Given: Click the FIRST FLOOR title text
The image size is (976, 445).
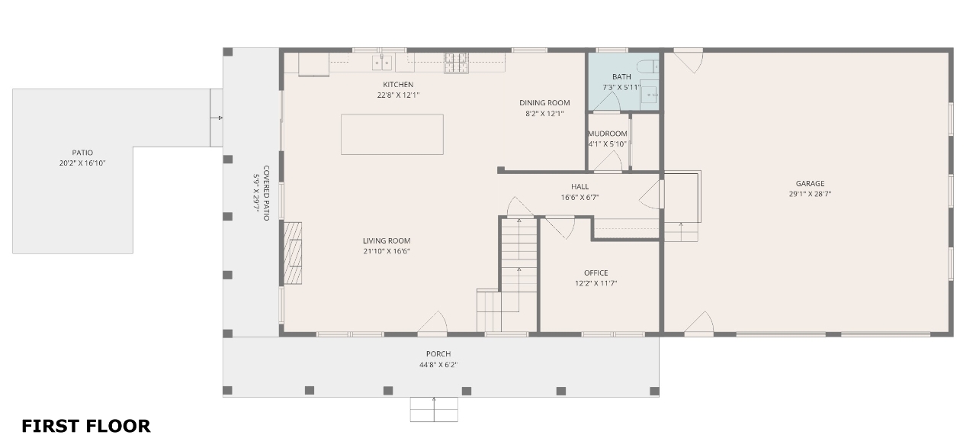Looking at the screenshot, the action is pyautogui.click(x=86, y=426).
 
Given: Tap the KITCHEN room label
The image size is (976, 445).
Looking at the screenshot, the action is pyautogui.click(x=398, y=85).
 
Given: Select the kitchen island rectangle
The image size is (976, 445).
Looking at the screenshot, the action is pyautogui.click(x=392, y=134).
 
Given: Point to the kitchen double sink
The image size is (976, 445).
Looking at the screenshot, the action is pyautogui.click(x=382, y=63).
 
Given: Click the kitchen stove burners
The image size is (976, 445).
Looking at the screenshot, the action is pyautogui.click(x=456, y=63).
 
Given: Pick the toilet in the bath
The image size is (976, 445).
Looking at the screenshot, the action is pyautogui.click(x=647, y=66).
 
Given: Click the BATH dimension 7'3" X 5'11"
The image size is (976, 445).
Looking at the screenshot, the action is pyautogui.click(x=621, y=87).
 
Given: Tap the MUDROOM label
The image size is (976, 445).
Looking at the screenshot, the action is pyautogui.click(x=608, y=134).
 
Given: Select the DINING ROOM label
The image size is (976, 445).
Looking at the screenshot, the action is pyautogui.click(x=544, y=103).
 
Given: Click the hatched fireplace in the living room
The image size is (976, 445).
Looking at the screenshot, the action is pyautogui.click(x=293, y=253).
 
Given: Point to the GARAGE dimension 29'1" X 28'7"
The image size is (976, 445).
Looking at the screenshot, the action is pyautogui.click(x=810, y=194).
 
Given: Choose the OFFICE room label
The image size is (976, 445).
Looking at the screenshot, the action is pyautogui.click(x=596, y=273).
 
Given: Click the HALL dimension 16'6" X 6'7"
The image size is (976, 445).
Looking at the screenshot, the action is pyautogui.click(x=579, y=198).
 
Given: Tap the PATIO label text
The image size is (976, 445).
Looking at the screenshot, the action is pyautogui.click(x=82, y=153).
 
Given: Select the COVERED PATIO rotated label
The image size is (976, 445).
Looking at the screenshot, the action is pyautogui.click(x=266, y=193).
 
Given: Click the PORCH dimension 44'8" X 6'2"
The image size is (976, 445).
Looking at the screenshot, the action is pyautogui.click(x=438, y=365).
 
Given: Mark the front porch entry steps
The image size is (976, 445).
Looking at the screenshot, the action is pyautogui.click(x=434, y=409).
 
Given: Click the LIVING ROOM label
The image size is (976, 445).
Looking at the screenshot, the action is pyautogui.click(x=387, y=241).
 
